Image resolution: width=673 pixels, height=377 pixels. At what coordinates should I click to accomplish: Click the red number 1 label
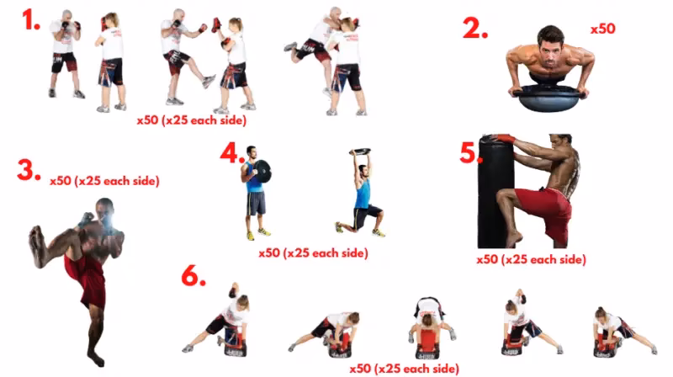(31, 20)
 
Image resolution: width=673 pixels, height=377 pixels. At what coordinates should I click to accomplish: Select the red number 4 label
(232, 153)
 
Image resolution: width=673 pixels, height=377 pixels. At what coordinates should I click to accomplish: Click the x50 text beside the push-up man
(602, 29)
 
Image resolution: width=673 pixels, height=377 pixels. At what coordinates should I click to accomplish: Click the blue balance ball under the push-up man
(550, 99)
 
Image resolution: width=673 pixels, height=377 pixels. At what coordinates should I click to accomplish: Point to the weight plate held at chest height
(260, 172)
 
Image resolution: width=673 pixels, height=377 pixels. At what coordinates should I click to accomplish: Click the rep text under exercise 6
(405, 369)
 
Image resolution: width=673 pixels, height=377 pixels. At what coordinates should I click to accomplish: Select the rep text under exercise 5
(531, 259)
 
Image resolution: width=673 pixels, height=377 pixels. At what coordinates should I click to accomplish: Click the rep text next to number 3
(104, 180)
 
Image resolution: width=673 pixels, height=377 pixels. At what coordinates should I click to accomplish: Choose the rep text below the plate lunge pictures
(312, 252)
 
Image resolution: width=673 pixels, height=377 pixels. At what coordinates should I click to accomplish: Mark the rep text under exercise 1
(192, 120)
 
